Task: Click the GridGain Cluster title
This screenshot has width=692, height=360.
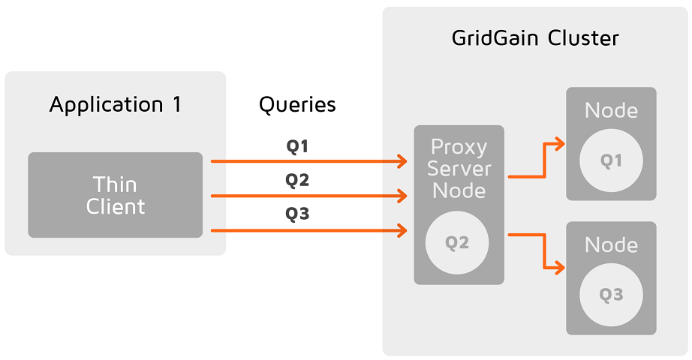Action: click(x=535, y=38)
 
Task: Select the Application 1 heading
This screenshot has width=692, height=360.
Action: click(x=115, y=105)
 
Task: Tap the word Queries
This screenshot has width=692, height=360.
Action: click(x=297, y=105)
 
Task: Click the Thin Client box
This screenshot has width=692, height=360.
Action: click(x=115, y=195)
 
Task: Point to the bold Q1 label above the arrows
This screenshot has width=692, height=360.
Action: click(x=297, y=146)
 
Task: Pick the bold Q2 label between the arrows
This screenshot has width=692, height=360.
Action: click(x=297, y=180)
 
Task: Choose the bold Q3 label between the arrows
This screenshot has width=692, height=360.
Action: click(x=297, y=214)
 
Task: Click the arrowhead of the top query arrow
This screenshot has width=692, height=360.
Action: click(x=402, y=161)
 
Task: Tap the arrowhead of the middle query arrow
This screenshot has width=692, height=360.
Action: click(x=402, y=196)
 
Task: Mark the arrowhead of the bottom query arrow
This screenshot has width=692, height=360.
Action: click(x=402, y=230)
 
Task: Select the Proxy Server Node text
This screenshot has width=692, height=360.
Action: click(x=459, y=169)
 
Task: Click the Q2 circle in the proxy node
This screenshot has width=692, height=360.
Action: click(x=457, y=243)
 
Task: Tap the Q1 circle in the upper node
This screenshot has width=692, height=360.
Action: click(x=611, y=160)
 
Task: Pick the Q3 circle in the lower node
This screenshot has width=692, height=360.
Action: click(x=611, y=295)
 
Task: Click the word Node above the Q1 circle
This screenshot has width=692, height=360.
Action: click(x=611, y=110)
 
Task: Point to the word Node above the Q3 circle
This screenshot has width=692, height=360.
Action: click(x=611, y=244)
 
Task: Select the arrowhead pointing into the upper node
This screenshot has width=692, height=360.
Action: click(x=560, y=144)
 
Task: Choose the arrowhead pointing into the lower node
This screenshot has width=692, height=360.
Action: click(x=560, y=267)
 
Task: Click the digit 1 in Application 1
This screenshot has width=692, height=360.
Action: click(x=177, y=104)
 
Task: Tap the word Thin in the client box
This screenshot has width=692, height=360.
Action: click(x=115, y=184)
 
